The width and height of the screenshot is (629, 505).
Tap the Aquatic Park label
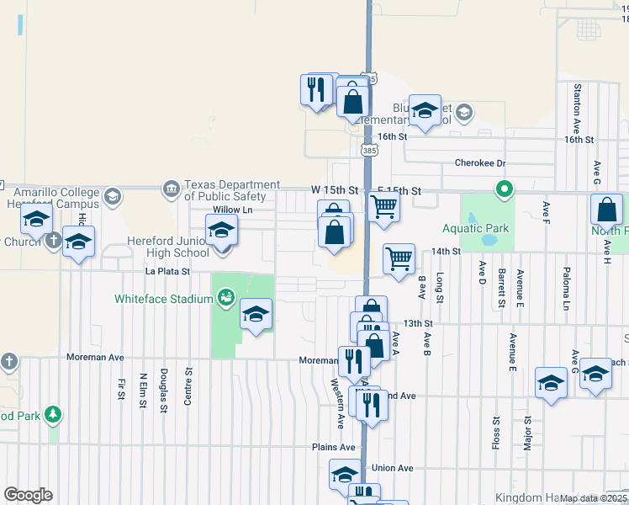(477, 228)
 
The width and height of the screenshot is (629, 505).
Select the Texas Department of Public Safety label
(232, 190)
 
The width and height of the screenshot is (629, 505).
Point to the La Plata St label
(168, 272)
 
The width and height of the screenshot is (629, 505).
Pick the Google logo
(28, 495)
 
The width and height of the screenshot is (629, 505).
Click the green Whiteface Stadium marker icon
(225, 296)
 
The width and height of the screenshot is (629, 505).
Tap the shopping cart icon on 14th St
(399, 258)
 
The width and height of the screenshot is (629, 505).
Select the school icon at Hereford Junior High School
(222, 230)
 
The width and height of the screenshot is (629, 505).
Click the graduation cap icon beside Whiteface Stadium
(256, 314)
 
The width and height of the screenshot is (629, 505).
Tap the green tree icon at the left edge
(53, 414)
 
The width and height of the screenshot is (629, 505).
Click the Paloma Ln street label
(566, 291)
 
